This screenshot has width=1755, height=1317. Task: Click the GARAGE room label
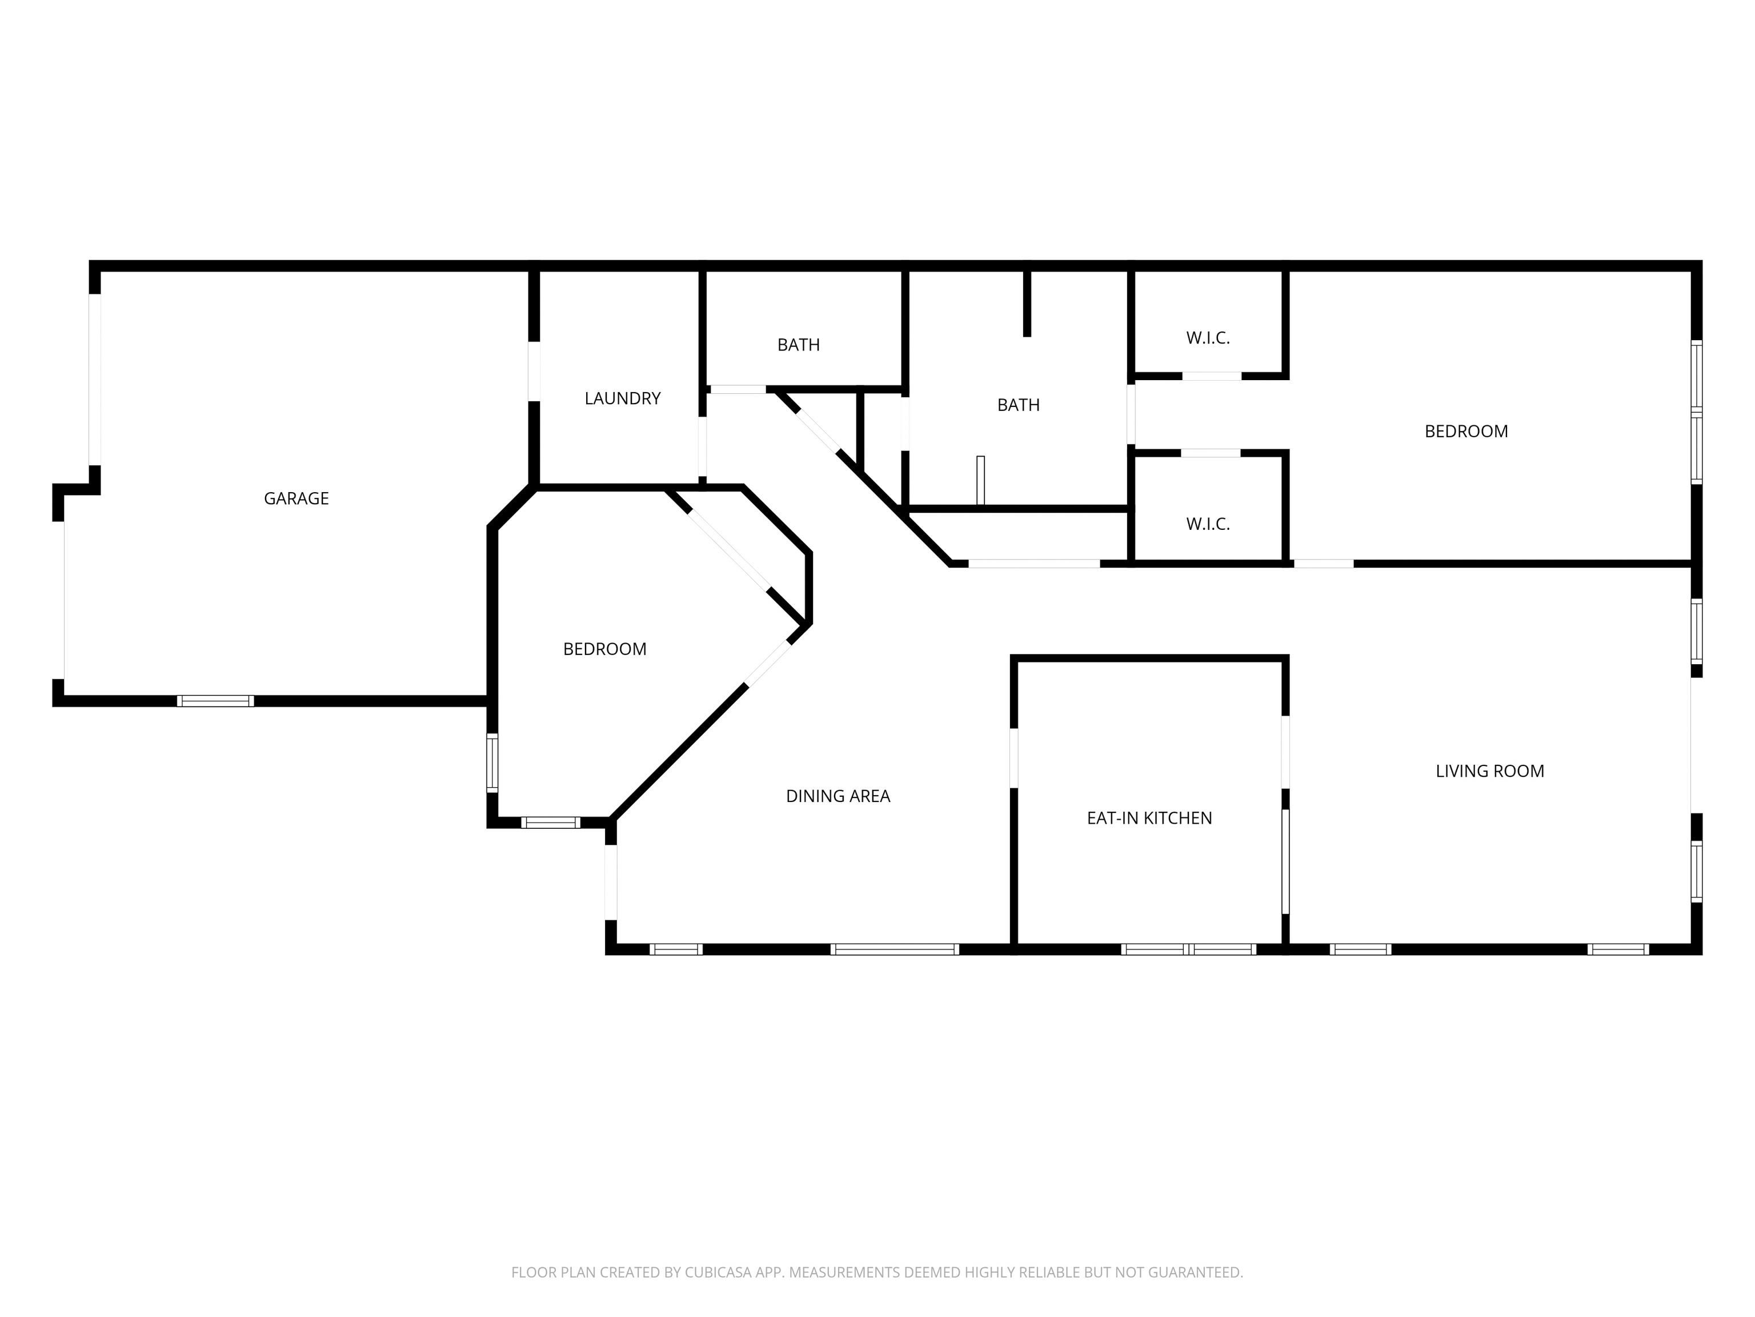(x=296, y=498)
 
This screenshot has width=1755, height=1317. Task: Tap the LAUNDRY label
(x=623, y=398)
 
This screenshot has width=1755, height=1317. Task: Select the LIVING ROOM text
(x=1490, y=771)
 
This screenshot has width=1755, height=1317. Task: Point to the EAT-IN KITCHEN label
(x=1149, y=817)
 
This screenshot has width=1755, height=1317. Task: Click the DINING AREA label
(x=838, y=796)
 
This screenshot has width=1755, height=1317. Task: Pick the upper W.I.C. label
(x=1208, y=338)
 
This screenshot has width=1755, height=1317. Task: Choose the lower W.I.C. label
(x=1208, y=524)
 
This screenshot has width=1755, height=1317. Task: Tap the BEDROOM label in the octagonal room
(x=604, y=649)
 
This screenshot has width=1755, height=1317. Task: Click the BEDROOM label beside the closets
(x=1466, y=431)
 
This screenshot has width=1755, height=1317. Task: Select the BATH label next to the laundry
(x=798, y=345)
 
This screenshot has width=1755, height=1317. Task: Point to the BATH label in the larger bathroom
(x=1018, y=405)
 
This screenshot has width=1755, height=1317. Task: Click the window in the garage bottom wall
(x=215, y=701)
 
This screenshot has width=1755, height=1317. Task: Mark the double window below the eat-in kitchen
(x=1188, y=949)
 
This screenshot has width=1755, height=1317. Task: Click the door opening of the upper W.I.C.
(x=1212, y=376)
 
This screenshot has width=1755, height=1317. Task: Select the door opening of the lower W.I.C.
(x=1211, y=453)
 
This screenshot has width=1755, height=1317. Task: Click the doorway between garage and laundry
(x=534, y=371)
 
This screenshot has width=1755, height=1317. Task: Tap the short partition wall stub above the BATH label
(x=1027, y=304)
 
